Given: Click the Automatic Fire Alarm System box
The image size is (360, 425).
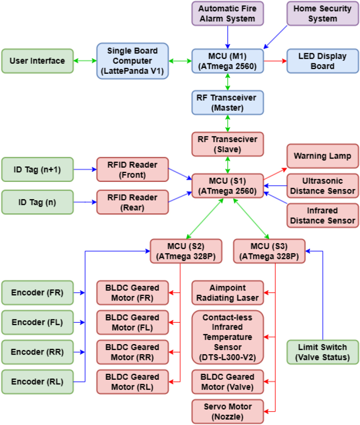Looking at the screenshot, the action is [227, 13].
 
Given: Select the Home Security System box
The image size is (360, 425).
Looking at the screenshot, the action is [323, 13].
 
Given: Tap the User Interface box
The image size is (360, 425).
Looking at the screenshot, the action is [37, 61].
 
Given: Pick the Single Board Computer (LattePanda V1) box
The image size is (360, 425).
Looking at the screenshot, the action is [133, 61].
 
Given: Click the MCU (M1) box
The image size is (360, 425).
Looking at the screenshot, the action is [227, 61].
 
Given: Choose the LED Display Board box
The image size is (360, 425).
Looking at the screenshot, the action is [323, 61].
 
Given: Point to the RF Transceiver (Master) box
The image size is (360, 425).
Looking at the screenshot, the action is [227, 103].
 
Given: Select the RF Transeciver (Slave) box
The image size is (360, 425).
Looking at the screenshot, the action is [227, 144].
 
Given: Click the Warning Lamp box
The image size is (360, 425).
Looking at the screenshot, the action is [323, 156].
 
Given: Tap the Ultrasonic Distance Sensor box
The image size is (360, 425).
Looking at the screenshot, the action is [323, 186].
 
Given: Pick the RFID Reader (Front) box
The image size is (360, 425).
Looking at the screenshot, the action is [133, 170].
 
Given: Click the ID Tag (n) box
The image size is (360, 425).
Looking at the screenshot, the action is [37, 202].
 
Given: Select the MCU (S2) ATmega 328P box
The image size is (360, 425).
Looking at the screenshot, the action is [186, 251].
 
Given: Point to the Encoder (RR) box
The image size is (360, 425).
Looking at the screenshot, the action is [37, 352].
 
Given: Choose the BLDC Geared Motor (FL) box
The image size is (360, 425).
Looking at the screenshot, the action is [133, 323].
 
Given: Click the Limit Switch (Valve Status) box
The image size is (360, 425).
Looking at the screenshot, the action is [323, 352].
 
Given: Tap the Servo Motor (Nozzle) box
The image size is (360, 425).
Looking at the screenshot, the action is [227, 412].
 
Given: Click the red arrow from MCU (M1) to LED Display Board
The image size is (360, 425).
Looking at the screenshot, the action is [275, 61].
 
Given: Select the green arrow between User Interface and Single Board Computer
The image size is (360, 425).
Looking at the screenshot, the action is [85, 61].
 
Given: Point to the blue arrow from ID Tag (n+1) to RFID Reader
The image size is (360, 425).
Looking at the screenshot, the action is [85, 169].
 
